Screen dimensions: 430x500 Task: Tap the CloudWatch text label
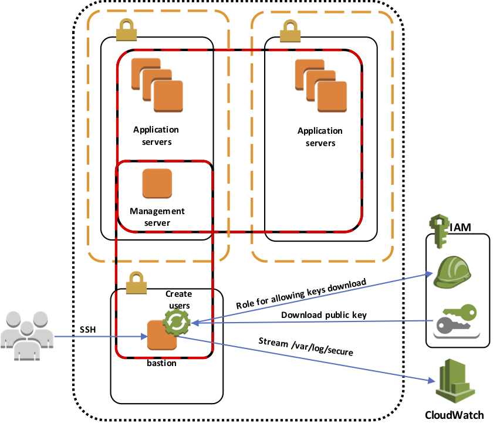tap(454, 415)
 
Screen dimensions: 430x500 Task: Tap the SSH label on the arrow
tap(88, 329)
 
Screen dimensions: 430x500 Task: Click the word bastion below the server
tap(161, 363)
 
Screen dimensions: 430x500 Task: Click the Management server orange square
tap(157, 184)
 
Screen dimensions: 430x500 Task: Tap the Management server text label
tap(157, 216)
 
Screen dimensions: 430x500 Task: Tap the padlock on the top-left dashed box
tap(126, 30)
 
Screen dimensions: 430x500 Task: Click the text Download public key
tap(323, 315)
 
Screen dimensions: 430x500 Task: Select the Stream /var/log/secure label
tap(305, 346)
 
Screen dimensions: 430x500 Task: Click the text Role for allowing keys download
tap(300, 294)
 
